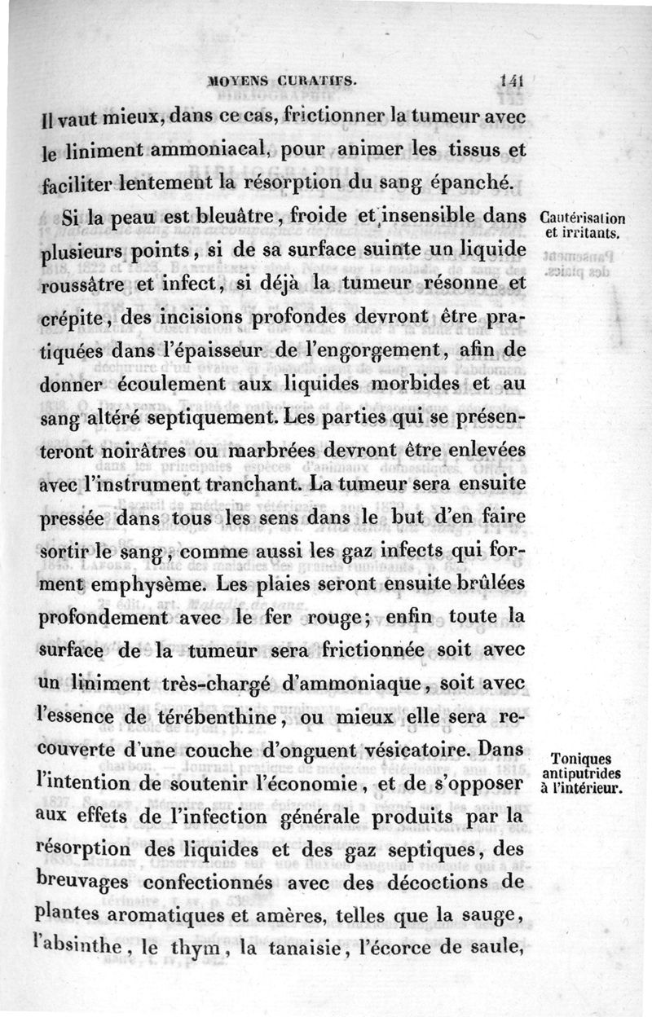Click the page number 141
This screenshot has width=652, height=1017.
512,81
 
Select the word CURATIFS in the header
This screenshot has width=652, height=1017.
315,81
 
